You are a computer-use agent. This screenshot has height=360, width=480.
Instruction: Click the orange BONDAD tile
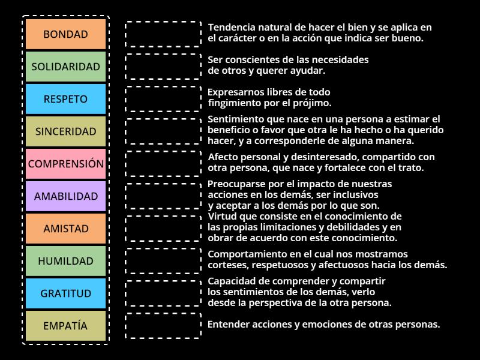[x=65, y=34]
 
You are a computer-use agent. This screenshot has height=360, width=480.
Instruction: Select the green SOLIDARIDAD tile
[x=65, y=67]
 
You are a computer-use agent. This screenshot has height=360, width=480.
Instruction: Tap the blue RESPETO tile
[x=65, y=99]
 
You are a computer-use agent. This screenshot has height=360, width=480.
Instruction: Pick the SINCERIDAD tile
[x=65, y=131]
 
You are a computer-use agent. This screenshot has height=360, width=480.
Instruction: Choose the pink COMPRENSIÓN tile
[x=65, y=164]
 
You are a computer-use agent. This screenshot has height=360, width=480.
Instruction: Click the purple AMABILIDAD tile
[x=65, y=196]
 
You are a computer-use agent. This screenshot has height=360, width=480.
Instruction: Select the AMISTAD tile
[x=65, y=229]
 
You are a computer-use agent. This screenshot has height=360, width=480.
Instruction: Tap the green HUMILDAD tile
[x=65, y=261]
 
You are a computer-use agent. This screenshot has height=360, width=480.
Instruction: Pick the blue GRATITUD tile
[x=65, y=293]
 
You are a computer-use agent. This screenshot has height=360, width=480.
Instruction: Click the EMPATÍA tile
[x=65, y=326]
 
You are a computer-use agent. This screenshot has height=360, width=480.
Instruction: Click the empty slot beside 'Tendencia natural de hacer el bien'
[x=163, y=34]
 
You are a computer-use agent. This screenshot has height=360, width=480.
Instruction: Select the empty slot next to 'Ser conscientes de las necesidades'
[x=163, y=66]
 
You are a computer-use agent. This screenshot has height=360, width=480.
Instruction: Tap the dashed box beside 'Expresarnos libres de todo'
[x=163, y=98]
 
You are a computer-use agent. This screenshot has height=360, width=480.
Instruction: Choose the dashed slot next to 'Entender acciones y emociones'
[x=163, y=325]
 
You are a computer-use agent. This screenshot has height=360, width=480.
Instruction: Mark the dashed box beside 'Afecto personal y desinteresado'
[x=163, y=163]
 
